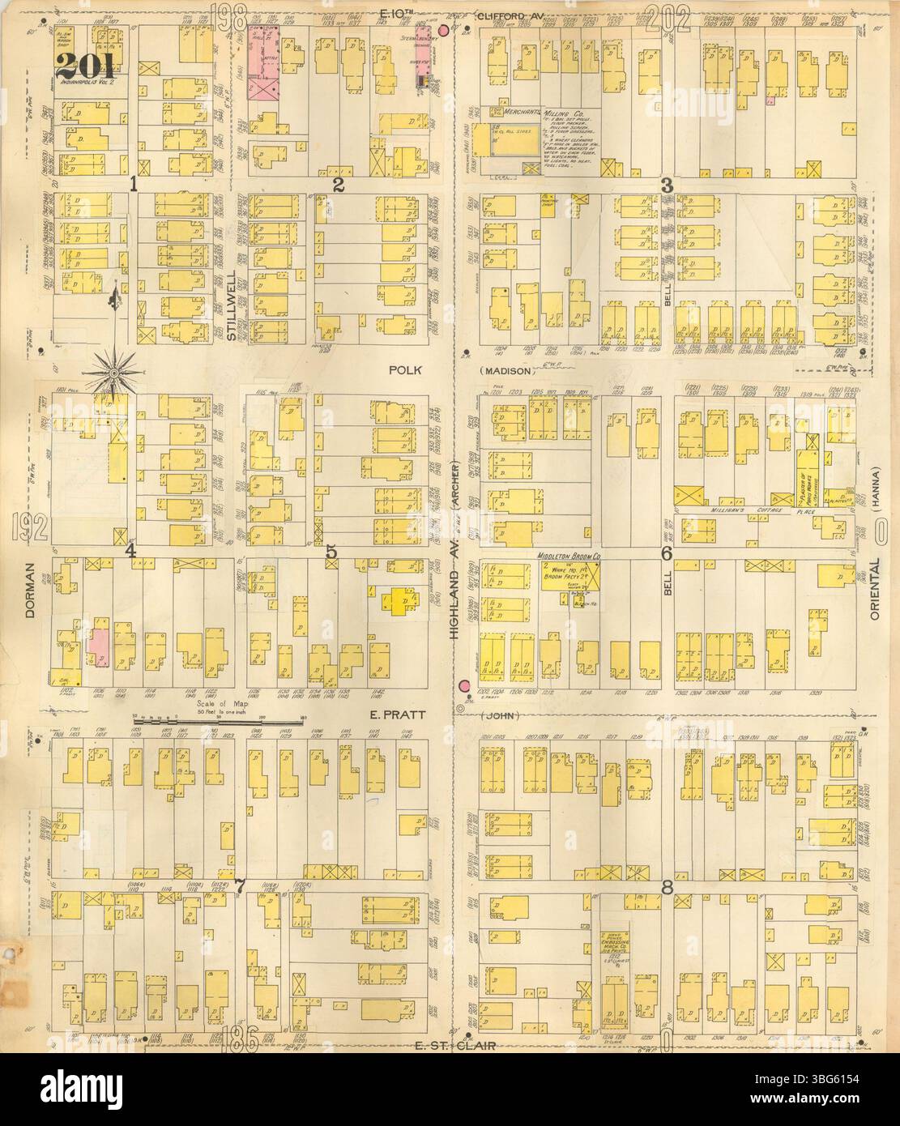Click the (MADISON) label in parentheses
click(x=508, y=371)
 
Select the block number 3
click(x=666, y=185)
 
